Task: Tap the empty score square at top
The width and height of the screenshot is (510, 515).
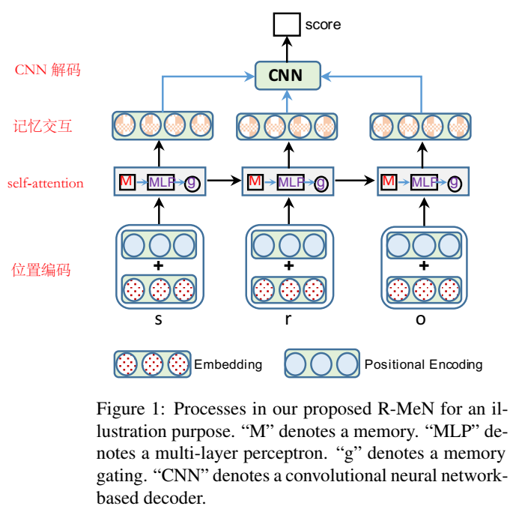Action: pyautogui.click(x=285, y=25)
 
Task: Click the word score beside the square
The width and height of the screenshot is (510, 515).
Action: pyautogui.click(x=323, y=25)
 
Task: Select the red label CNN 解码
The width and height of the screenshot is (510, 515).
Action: pyautogui.click(x=47, y=70)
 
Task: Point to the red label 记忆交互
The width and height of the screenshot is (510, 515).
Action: pyautogui.click(x=43, y=126)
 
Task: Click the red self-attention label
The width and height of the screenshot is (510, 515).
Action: pyautogui.click(x=46, y=183)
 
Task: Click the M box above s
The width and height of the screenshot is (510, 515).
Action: pyautogui.click(x=127, y=181)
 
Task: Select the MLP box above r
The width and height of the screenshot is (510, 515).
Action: pyautogui.click(x=290, y=181)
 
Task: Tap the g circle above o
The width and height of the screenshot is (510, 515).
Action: pyautogui.click(x=455, y=182)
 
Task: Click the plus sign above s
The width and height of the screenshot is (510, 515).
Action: pyautogui.click(x=158, y=265)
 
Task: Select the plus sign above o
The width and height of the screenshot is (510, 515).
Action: pyautogui.click(x=424, y=265)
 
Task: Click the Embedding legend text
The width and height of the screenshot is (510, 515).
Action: pyautogui.click(x=228, y=364)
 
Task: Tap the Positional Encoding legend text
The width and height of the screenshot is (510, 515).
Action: pyautogui.click(x=423, y=364)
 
